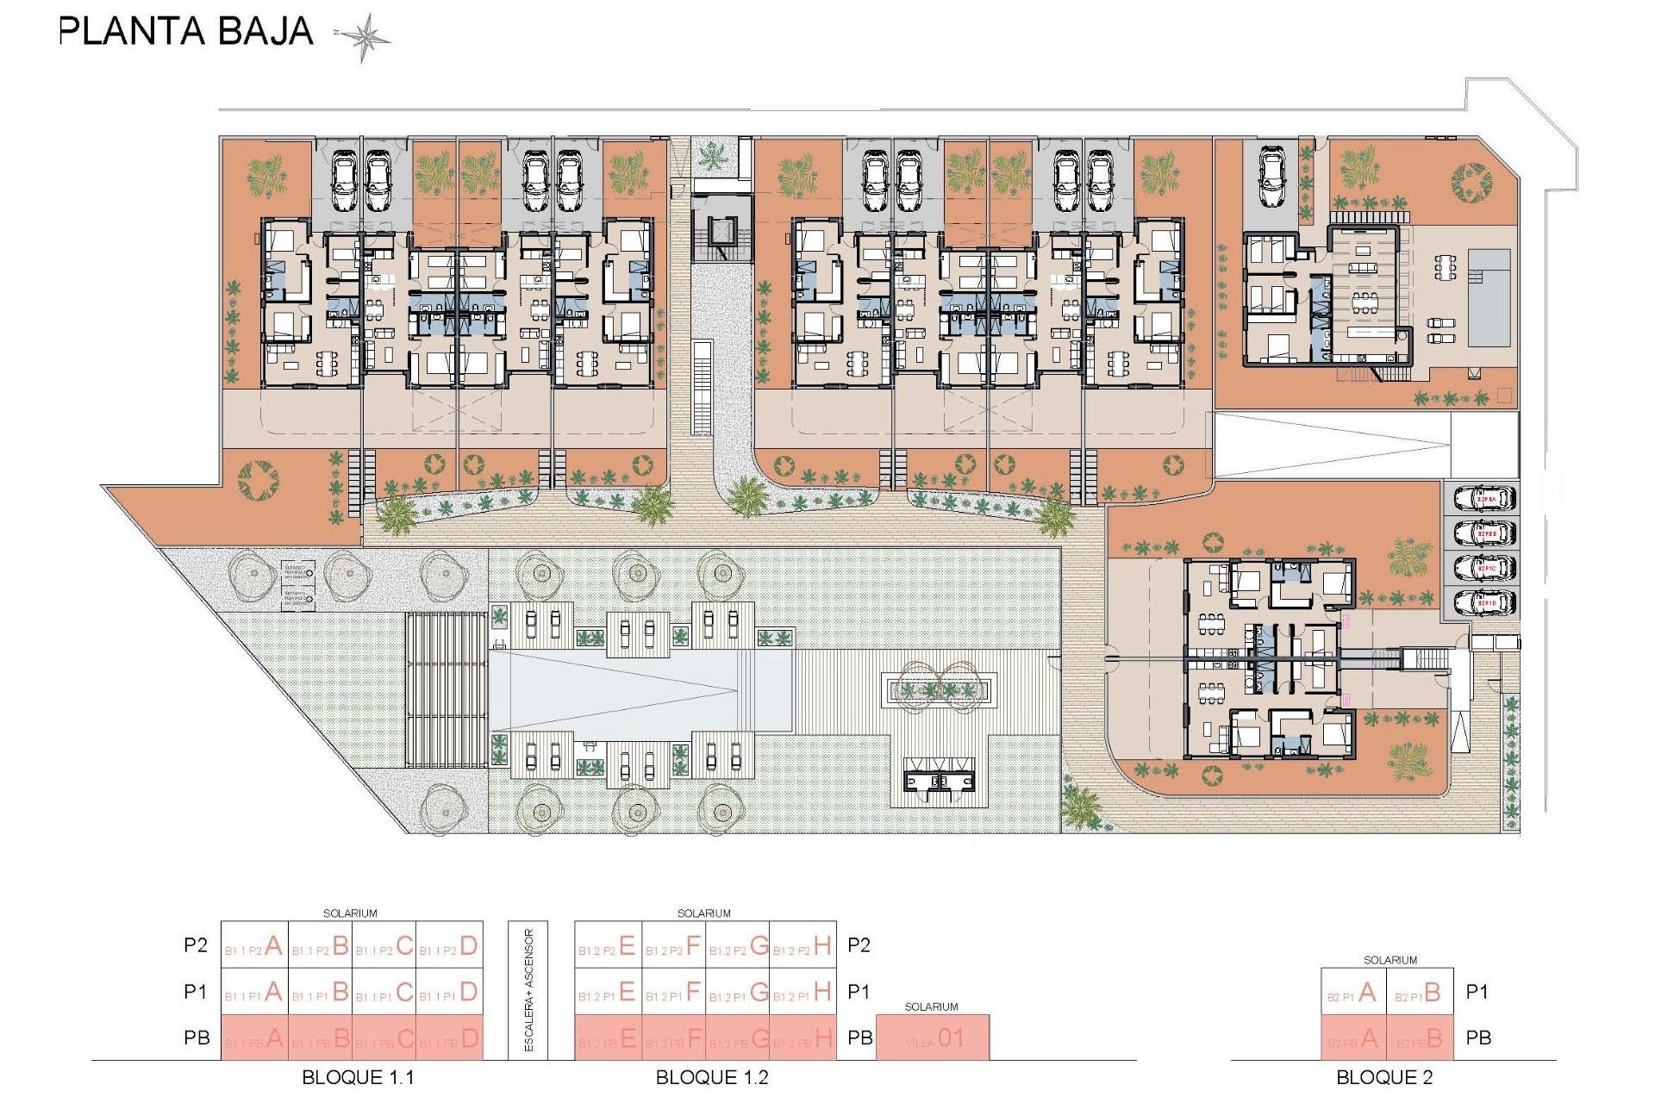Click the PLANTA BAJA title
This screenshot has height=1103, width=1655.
coord(185,32)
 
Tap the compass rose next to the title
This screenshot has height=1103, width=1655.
coord(363,37)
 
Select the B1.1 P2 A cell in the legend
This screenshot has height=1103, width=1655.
coord(254,945)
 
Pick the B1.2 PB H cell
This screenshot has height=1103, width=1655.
coord(803,1038)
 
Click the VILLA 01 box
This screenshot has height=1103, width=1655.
coord(933,1038)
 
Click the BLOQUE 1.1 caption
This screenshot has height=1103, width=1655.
coord(358,1077)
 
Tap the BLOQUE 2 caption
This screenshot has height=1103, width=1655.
coord(1383,1077)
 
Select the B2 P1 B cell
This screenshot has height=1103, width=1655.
coord(1420,993)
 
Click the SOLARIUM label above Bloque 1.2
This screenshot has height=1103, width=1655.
coord(703,913)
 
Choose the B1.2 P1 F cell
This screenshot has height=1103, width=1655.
coord(674,992)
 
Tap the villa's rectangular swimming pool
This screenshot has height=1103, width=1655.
coord(1489,297)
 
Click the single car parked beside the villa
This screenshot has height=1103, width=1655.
coord(1272,177)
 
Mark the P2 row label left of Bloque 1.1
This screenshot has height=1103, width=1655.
coord(196,945)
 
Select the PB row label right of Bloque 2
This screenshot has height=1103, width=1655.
coord(1478,1038)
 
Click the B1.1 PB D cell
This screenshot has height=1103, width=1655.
coord(450,1038)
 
